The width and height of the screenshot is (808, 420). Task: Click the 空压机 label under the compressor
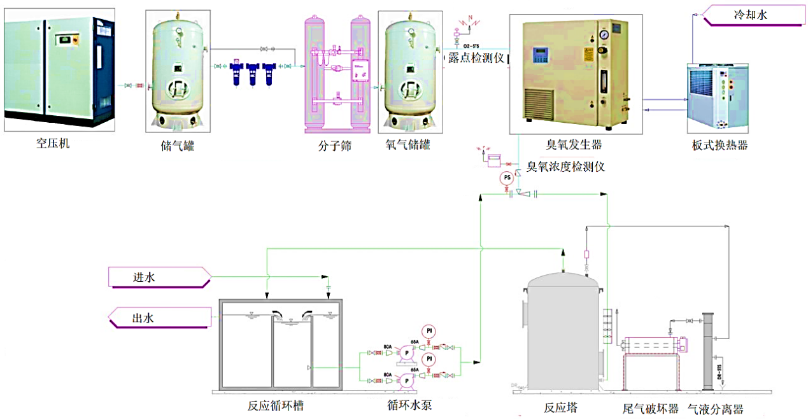53,143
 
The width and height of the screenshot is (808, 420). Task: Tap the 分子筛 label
335,146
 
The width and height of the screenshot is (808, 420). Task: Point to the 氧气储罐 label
408,145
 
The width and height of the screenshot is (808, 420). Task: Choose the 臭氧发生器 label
573,145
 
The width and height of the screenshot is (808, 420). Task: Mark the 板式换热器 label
719,145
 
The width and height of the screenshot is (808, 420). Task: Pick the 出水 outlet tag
143,318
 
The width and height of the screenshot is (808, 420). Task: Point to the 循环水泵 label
409,405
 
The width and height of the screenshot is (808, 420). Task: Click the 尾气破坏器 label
650,409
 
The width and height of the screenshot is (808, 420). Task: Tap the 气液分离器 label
715,409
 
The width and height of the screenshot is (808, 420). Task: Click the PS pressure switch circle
507,178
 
